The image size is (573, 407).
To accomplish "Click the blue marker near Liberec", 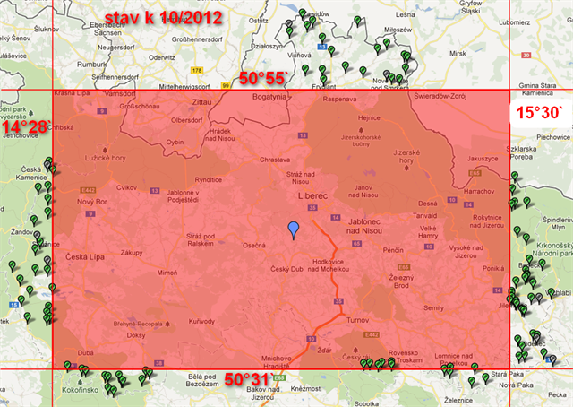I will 293,229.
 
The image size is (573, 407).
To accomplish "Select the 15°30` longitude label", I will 540,111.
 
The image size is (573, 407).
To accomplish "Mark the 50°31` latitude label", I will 244,378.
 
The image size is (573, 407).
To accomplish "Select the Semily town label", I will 434,307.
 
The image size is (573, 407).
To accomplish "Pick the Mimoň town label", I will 167,272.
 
